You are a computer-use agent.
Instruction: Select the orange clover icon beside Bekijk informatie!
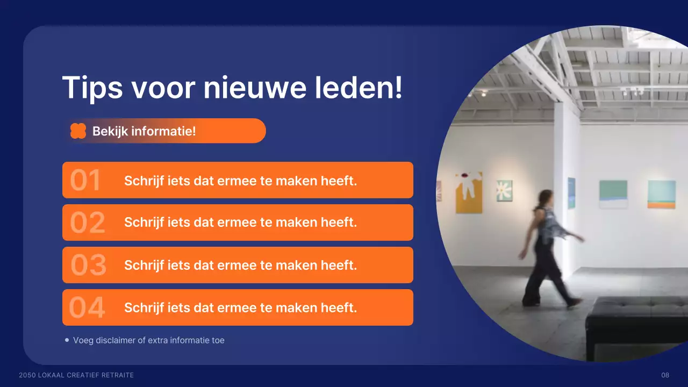tap(78, 131)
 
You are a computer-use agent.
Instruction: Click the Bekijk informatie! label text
tap(144, 131)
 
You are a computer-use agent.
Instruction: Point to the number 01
tap(85, 181)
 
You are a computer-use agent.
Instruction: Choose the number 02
tap(87, 223)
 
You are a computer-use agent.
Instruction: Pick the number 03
tap(88, 266)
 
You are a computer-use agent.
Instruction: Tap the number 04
tap(87, 308)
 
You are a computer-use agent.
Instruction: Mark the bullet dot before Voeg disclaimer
tap(67, 340)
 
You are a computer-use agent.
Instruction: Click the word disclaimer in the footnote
tap(119, 340)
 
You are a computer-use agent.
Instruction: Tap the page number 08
tap(665, 375)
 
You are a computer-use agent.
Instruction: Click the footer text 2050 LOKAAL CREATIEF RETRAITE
tap(76, 375)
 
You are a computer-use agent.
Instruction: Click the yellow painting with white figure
tap(469, 192)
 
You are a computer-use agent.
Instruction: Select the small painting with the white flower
tap(504, 191)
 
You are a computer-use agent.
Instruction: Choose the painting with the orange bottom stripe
tap(661, 194)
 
